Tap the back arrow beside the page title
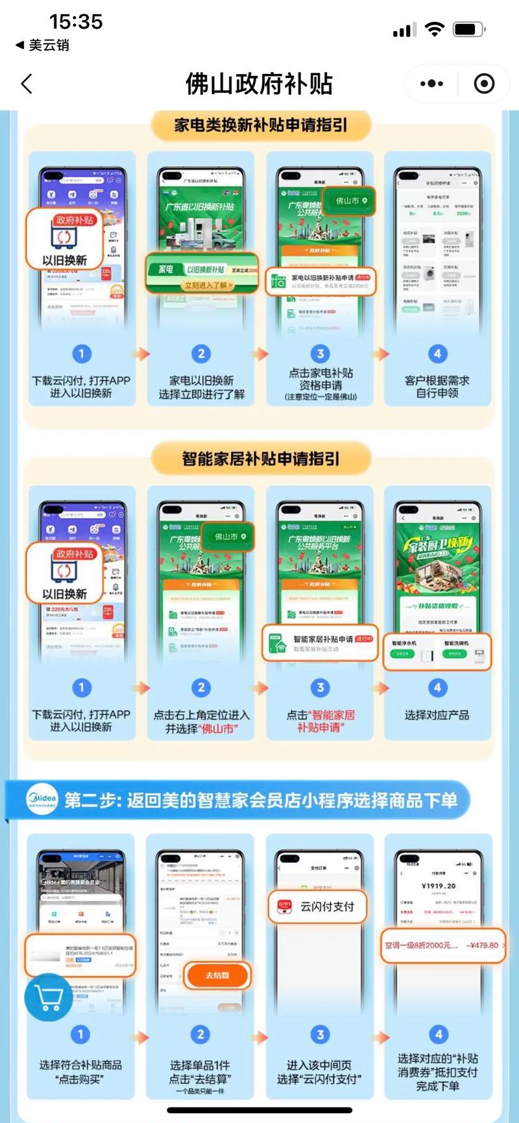tap(27, 84)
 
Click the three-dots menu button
tap(431, 84)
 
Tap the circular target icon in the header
tap(484, 84)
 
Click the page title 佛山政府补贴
tap(259, 84)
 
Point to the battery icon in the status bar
tap(468, 29)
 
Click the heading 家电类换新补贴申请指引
tap(260, 124)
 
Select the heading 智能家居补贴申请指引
tap(260, 459)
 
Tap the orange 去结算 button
tap(217, 975)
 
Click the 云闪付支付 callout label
tap(318, 907)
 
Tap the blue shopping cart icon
tap(48, 996)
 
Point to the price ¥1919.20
tap(439, 886)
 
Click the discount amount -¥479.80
tap(482, 945)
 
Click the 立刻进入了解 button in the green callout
tap(208, 285)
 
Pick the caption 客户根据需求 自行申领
tap(437, 387)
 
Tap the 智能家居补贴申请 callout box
tap(320, 643)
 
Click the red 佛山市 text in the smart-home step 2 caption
tap(218, 729)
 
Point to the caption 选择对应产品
tap(437, 715)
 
